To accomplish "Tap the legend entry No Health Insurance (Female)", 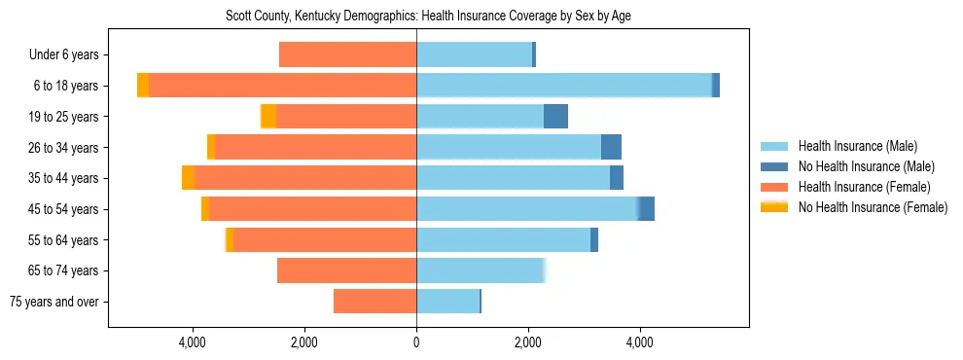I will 873,207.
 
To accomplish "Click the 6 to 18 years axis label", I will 64,86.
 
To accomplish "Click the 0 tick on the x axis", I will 416,342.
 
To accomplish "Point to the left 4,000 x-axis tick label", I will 193,342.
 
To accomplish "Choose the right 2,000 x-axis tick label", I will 528,342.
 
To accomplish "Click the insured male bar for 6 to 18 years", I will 564,86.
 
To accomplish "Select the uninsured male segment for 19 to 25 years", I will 555,117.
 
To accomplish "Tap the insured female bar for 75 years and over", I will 374,302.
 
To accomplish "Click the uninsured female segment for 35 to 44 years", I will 189,178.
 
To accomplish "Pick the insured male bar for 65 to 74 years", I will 480,270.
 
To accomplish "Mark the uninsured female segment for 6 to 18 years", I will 143,86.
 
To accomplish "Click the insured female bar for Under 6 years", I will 347,55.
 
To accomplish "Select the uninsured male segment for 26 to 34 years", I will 611,147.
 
